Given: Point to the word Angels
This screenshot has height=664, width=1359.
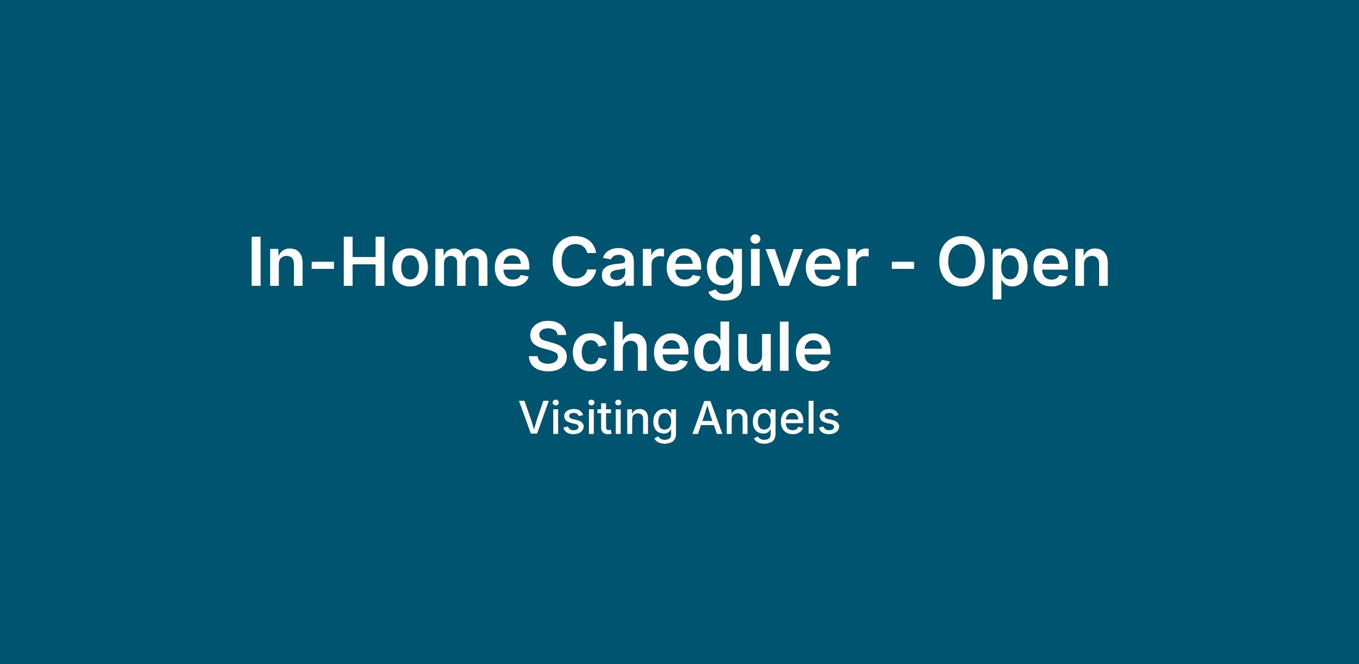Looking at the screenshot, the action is (766, 419).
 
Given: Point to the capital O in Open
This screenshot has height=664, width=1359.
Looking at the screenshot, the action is (965, 260).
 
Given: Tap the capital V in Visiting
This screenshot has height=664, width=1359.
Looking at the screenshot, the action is (537, 418).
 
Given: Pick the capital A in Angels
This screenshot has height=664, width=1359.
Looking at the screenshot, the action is (710, 418).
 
